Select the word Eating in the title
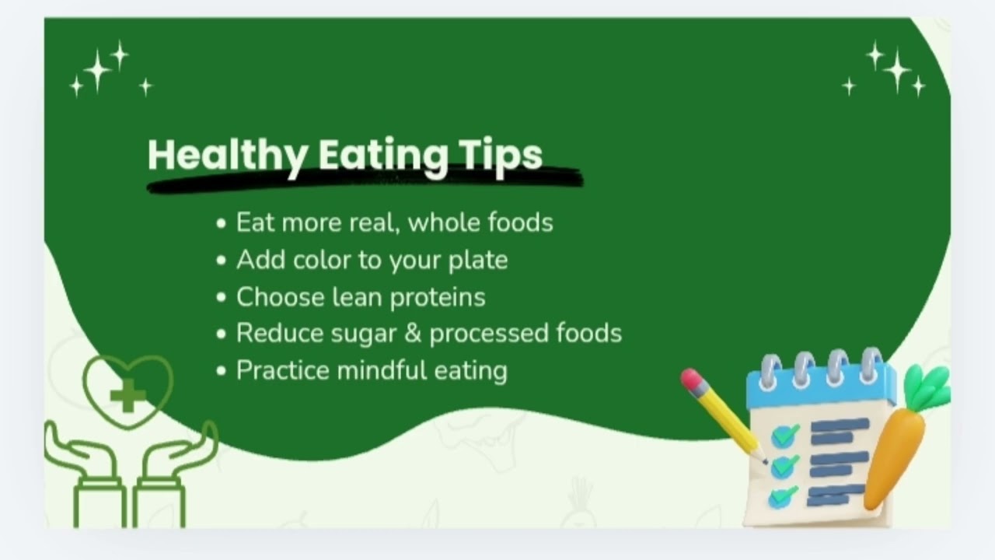(383, 155)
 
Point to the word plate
(478, 260)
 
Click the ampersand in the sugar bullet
(414, 333)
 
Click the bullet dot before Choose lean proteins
(222, 298)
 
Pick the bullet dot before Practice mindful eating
(222, 371)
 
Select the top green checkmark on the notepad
(786, 434)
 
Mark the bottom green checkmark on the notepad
(784, 495)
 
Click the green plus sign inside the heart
(127, 397)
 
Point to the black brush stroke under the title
(365, 180)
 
